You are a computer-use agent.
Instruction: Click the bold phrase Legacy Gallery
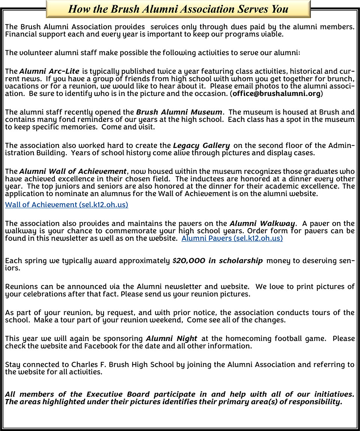click(x=201, y=145)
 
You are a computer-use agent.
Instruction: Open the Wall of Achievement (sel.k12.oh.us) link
click(x=66, y=205)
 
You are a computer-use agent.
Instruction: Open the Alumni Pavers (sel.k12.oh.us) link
click(x=232, y=238)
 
